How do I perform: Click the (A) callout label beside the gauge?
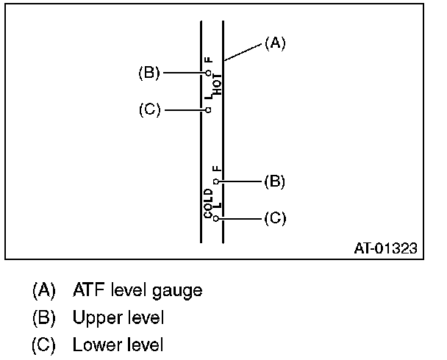pos(274,44)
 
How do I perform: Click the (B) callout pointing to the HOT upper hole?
pos(149,73)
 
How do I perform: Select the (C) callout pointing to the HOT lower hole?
pos(149,110)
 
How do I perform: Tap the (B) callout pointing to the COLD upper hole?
pos(274,181)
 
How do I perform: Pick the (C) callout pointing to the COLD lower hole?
pos(274,218)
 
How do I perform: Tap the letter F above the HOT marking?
pos(208,60)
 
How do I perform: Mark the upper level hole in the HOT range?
pos(209,73)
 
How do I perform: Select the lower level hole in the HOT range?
pos(209,110)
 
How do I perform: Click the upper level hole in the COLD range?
pos(215,181)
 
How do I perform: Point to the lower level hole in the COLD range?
pos(215,218)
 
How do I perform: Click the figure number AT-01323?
pos(385,249)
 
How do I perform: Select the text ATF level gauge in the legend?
pos(137,290)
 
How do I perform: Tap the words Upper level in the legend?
pos(118,317)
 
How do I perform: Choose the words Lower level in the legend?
pos(118,344)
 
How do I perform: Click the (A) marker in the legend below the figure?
pos(43,290)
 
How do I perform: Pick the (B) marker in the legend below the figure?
pos(43,317)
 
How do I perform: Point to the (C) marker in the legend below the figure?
pos(43,344)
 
